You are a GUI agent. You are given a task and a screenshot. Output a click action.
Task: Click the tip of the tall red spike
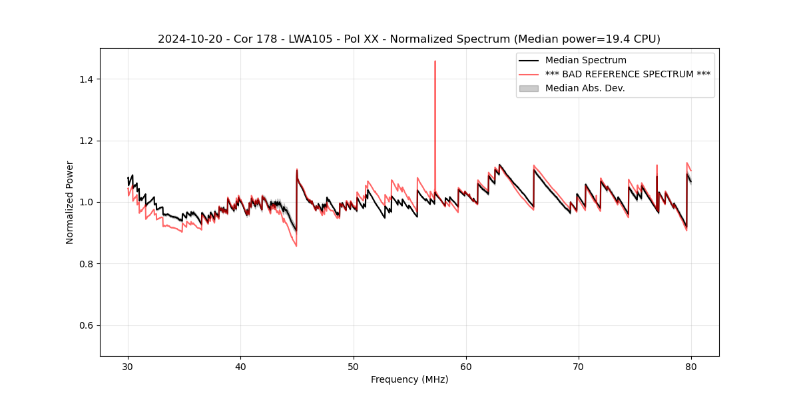coord(435,61)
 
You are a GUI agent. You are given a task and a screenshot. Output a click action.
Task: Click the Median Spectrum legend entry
coord(585,60)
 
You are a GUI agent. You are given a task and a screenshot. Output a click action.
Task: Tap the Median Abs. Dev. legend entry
coord(585,88)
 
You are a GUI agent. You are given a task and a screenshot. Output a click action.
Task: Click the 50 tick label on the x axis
coord(354,367)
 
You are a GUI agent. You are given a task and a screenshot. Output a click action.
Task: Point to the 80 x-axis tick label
coord(691,367)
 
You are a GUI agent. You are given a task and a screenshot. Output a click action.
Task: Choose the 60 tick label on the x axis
coord(466,367)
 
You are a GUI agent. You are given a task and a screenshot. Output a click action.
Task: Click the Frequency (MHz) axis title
coord(409,380)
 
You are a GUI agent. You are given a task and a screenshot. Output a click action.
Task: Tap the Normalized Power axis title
coord(70,202)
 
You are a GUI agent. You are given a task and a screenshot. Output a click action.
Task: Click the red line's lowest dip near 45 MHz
coord(296,246)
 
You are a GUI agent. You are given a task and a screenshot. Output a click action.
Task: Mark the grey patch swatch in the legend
coord(529,88)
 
